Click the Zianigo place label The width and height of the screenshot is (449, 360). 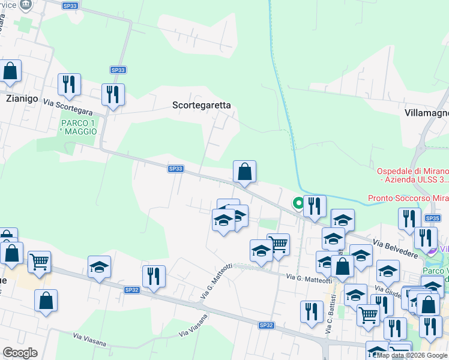(x=22, y=98)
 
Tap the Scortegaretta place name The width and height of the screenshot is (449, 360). (x=201, y=105)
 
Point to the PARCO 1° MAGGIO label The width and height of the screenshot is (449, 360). (x=78, y=127)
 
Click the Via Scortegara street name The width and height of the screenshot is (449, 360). (x=67, y=107)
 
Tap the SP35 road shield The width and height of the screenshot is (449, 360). (x=433, y=218)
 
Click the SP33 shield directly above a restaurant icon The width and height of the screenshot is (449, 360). (x=118, y=70)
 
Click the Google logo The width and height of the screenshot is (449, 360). (x=20, y=353)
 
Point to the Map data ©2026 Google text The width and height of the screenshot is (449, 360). (x=412, y=355)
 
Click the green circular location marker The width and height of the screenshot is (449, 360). (x=298, y=203)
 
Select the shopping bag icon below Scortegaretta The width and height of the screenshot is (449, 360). (x=244, y=172)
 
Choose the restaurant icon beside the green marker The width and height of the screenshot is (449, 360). (x=315, y=207)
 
